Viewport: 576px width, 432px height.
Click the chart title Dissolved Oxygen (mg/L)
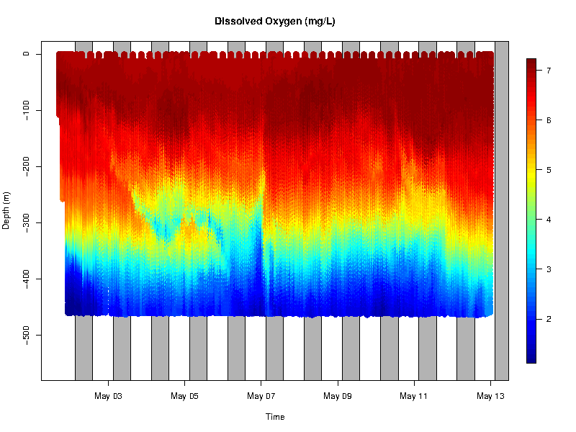coord(274,22)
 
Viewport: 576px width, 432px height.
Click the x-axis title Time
coord(274,417)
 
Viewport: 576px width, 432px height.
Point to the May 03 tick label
coord(109,396)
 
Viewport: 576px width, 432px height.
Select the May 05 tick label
coord(185,396)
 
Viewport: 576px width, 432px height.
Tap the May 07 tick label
coord(261,396)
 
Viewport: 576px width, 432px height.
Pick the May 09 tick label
coord(338,396)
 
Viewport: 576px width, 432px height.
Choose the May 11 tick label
coord(414,396)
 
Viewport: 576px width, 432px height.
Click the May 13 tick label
coord(490,396)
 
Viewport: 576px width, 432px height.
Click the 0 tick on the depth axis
coord(26,53)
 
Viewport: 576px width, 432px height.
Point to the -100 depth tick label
coord(26,109)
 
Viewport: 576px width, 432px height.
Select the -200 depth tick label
coord(26,166)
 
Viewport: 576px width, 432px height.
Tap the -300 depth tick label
coord(26,222)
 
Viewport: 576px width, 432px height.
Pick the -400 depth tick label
coord(26,279)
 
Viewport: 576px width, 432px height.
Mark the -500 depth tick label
coord(26,336)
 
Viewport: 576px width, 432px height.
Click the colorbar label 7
coord(549,71)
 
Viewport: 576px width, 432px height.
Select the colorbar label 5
coord(549,170)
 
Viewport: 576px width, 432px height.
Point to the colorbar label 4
coord(549,220)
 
